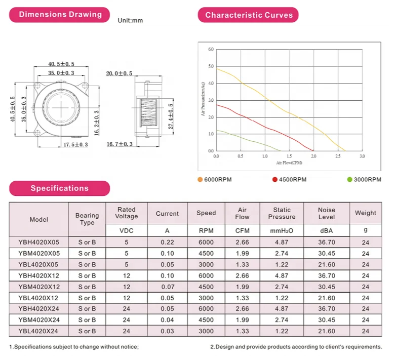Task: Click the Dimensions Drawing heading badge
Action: pos(60,15)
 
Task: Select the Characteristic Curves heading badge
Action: pos(249,15)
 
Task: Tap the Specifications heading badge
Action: pos(59,188)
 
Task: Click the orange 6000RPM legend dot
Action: pos(200,179)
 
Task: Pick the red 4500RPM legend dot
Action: pos(275,179)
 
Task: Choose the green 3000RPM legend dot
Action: pos(349,179)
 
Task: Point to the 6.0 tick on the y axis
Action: pos(211,49)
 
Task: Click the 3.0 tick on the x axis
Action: pos(362,156)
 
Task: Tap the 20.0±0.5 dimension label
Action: pos(119,73)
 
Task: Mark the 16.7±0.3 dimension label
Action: pos(120,144)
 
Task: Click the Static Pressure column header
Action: pos(282,213)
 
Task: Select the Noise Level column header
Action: pos(326,213)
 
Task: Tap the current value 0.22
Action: pos(167,243)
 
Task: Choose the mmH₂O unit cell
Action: pos(282,231)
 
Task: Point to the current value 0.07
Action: pos(167,287)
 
